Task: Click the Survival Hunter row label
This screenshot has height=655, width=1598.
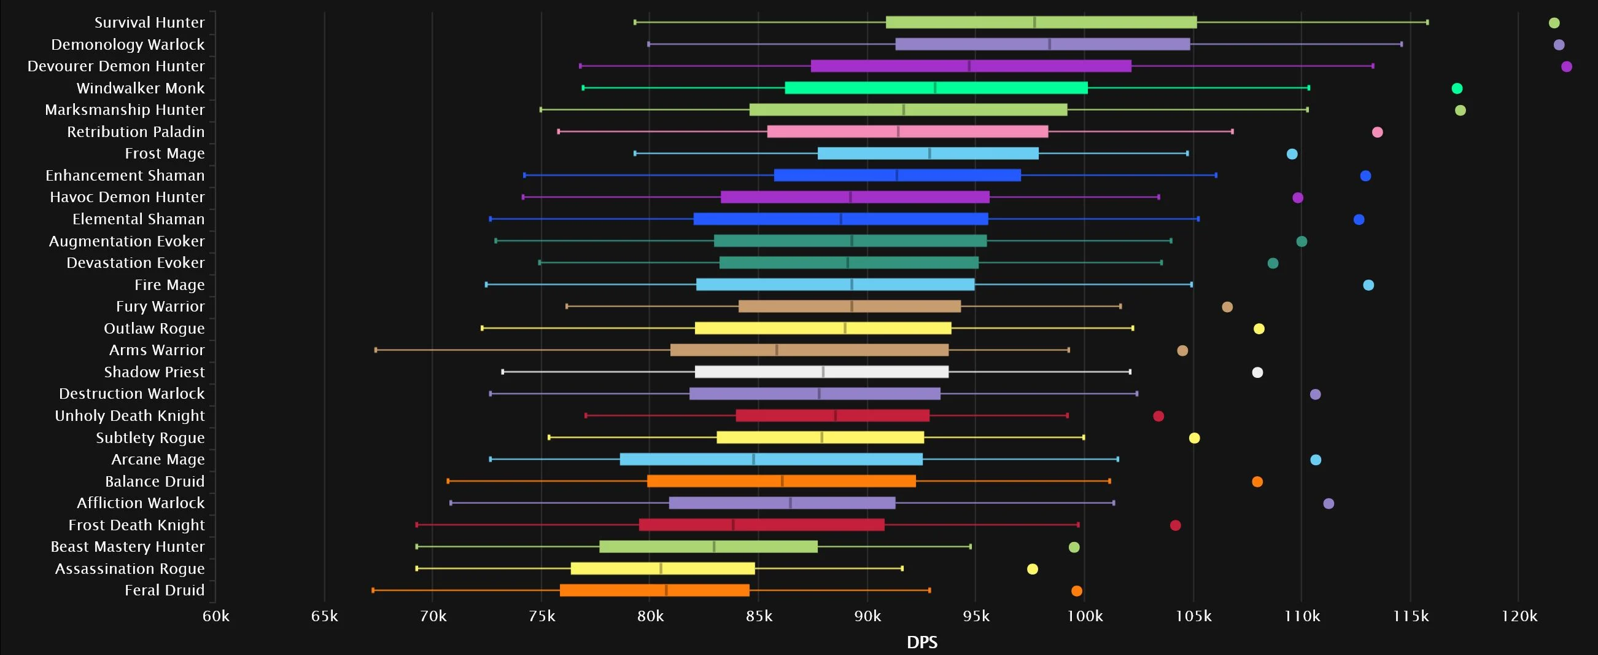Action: [149, 22]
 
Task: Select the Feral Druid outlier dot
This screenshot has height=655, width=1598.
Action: [1076, 591]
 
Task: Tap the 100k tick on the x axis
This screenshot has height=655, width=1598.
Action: [1085, 616]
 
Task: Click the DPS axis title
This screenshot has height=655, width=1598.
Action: [922, 643]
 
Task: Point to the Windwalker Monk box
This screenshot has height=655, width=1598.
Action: [936, 88]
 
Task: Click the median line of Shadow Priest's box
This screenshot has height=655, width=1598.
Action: [823, 372]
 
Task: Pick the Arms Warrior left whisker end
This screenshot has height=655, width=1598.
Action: [376, 350]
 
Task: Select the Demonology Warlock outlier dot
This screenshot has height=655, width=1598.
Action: [1559, 45]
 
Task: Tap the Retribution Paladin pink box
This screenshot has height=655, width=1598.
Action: [907, 131]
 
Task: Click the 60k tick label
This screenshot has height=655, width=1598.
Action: [216, 616]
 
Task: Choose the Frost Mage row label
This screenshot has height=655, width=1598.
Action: [165, 154]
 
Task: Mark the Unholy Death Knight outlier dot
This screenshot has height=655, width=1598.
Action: [1158, 416]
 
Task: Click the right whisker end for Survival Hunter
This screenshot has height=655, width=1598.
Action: [1427, 22]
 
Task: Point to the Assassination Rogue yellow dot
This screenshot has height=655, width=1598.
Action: [1032, 569]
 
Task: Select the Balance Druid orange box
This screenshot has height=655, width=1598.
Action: [781, 481]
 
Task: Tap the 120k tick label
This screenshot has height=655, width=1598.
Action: [1519, 616]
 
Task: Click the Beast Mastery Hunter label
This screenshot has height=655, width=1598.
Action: [127, 547]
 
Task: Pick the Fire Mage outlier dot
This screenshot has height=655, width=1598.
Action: [1368, 285]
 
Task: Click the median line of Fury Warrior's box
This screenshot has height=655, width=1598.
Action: [851, 306]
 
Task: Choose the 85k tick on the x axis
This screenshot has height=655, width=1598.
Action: [759, 616]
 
